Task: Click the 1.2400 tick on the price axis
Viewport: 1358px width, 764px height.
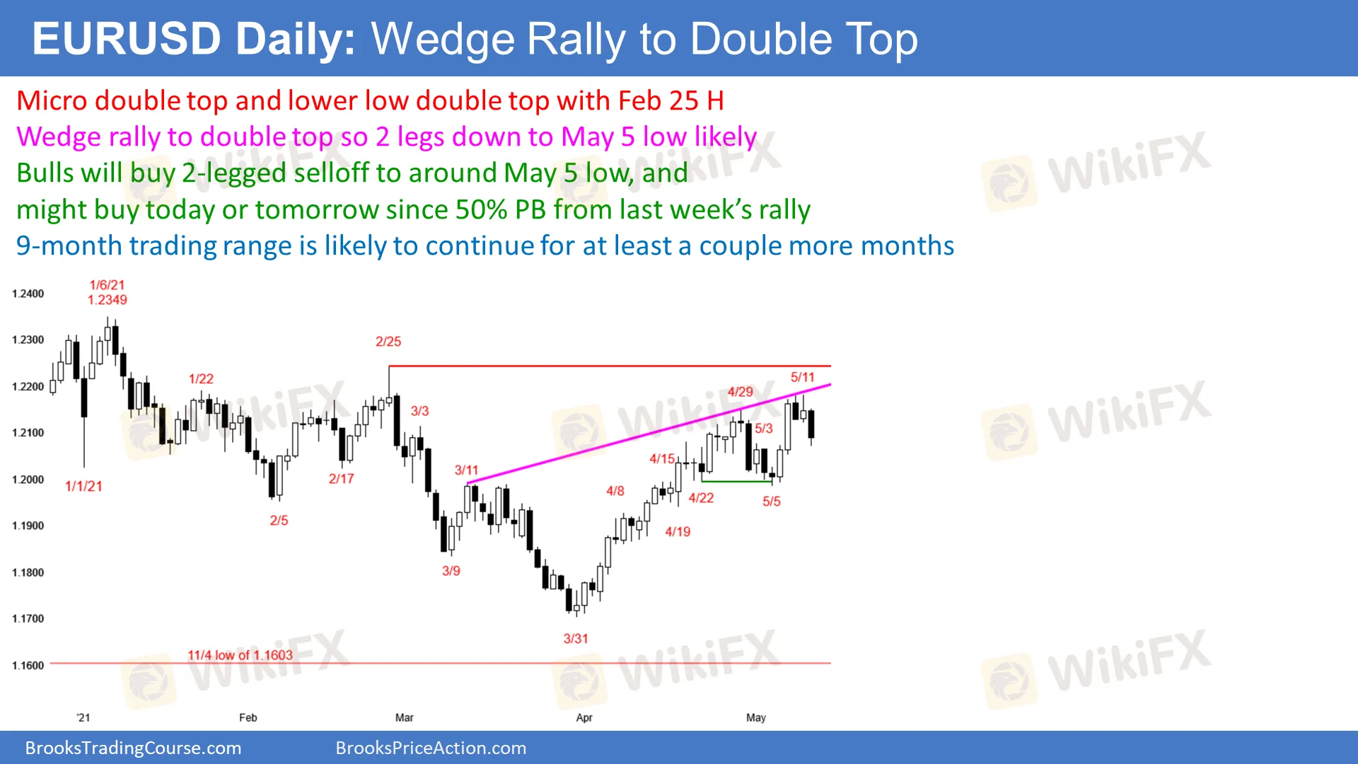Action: click(x=28, y=294)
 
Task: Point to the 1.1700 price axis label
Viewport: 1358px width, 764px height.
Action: click(x=28, y=619)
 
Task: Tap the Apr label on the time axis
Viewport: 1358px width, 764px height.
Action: click(x=584, y=717)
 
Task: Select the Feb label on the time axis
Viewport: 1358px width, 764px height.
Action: click(x=248, y=717)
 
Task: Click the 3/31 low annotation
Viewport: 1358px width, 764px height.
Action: click(x=576, y=639)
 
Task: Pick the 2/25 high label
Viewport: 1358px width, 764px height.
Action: click(x=388, y=342)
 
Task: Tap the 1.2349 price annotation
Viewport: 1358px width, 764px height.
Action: click(x=108, y=300)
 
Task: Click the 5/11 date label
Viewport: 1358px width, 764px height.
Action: click(x=803, y=377)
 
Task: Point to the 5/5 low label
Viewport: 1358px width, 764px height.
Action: click(x=772, y=502)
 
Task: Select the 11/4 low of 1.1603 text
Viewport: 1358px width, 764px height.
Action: click(x=240, y=655)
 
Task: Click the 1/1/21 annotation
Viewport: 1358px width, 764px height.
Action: click(x=83, y=486)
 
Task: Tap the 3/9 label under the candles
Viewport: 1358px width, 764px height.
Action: click(x=451, y=571)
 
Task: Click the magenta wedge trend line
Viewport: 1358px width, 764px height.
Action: click(x=649, y=434)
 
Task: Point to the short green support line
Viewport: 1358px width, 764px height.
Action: click(x=737, y=482)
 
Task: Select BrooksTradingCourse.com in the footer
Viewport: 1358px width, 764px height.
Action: click(x=133, y=748)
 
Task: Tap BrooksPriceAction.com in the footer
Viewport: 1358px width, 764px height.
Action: click(x=431, y=748)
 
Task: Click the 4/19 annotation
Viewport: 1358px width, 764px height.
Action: click(x=678, y=532)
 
